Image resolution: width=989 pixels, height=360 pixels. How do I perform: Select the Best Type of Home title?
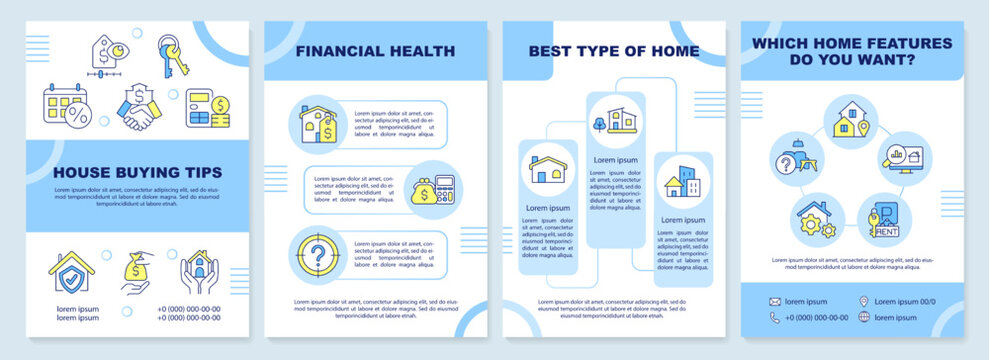(x=615, y=50)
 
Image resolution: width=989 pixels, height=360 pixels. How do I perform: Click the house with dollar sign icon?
(x=317, y=123)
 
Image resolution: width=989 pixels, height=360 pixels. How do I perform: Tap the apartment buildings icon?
(x=684, y=182)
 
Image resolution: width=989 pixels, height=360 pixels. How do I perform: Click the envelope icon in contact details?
(x=774, y=301)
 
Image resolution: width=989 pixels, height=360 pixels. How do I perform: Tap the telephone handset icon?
(x=774, y=318)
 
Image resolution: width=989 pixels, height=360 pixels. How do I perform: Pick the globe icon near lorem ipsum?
(x=865, y=318)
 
